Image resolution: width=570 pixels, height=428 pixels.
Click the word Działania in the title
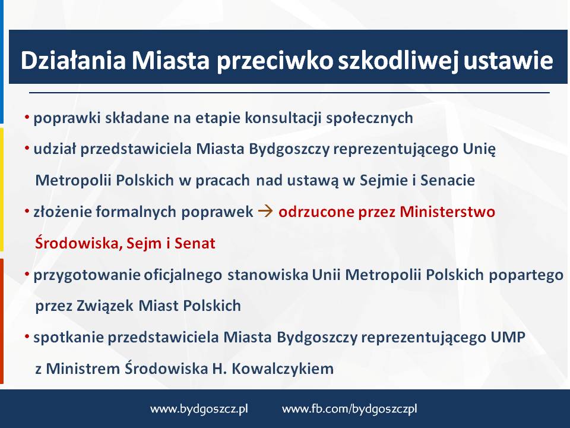73,60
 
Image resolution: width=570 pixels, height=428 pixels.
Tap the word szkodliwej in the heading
398,61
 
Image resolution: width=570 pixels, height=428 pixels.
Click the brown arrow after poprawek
265,211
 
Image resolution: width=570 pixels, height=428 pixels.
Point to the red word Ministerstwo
447,212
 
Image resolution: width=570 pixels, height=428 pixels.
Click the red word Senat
195,243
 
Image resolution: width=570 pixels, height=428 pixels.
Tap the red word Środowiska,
79,243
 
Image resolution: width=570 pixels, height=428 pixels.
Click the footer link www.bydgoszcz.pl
199,409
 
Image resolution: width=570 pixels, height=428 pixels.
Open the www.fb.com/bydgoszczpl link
349,409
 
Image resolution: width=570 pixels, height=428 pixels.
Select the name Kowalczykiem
283,369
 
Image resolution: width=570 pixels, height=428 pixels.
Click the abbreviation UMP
508,337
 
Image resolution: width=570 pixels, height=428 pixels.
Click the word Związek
104,306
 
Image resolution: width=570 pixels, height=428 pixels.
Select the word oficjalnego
182,275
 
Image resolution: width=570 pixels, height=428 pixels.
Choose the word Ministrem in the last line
83,369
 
